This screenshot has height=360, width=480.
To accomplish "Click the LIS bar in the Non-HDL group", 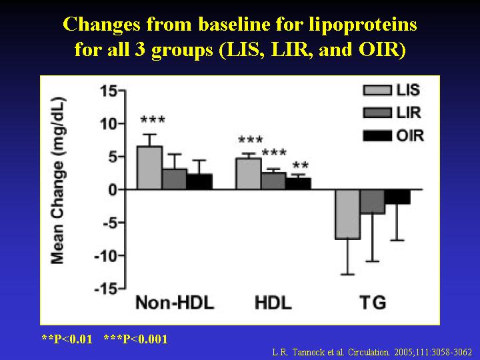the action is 149,168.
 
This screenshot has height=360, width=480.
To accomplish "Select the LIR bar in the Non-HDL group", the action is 175,179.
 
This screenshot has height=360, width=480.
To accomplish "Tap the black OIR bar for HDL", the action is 299,184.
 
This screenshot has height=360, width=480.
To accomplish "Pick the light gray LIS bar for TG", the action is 347,214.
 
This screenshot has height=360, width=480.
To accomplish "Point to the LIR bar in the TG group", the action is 373,202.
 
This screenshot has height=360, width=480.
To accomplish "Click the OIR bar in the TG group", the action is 397,197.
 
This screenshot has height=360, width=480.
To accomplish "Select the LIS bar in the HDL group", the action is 248,174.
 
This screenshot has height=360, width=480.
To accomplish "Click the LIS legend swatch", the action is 377,90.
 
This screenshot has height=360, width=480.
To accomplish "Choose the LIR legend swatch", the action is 377,113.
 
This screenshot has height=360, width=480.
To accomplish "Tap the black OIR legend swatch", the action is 377,135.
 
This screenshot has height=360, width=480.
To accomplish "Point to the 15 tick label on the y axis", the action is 109,91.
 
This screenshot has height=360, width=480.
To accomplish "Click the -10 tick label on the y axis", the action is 105,255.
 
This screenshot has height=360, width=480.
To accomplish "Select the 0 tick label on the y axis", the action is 113,190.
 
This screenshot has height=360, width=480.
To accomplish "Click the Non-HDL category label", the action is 175,303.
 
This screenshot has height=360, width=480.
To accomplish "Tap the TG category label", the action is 373,303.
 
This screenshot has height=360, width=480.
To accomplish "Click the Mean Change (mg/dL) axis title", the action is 58,181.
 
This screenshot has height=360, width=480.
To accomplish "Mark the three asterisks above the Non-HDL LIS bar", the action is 153,120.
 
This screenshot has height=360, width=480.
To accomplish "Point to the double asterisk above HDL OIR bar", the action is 301,165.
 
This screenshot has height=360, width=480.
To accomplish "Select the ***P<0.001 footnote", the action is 136,339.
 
